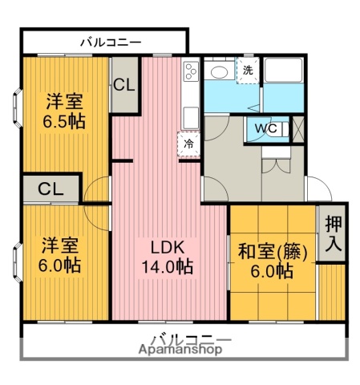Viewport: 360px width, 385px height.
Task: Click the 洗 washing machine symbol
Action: (248, 70)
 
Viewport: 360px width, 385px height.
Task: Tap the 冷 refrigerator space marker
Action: (189, 144)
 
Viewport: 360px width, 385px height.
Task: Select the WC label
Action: (266, 128)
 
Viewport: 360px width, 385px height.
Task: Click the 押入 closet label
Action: (334, 233)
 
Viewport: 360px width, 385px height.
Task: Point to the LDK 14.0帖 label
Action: (168, 257)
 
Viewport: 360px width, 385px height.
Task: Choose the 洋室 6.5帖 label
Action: (64, 111)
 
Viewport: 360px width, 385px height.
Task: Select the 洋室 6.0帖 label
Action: (59, 255)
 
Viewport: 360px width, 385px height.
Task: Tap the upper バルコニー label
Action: (111, 43)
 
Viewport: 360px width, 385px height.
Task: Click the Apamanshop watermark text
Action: (180, 349)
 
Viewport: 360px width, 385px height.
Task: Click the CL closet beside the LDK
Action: (124, 85)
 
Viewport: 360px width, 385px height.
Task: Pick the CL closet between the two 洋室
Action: (51, 188)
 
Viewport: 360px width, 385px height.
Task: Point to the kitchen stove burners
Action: (191, 71)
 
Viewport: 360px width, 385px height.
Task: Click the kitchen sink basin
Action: (191, 118)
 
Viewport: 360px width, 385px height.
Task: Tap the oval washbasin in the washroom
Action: (219, 72)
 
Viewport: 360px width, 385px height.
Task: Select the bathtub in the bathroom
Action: (283, 70)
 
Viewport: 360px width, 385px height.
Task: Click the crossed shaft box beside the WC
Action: (298, 130)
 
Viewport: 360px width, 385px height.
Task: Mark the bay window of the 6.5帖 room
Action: (18, 107)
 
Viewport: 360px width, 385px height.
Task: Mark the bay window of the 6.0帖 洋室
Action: (18, 262)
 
